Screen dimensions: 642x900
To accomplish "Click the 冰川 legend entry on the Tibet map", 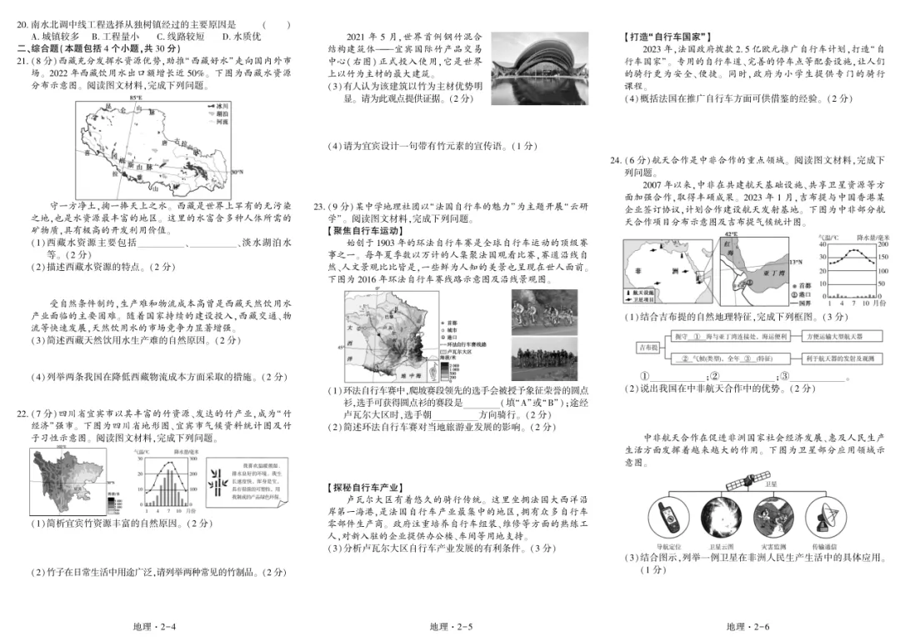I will point(218,106).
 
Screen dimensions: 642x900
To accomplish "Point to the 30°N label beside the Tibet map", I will point(238,173).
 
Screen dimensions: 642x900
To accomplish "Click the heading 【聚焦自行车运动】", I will point(364,230).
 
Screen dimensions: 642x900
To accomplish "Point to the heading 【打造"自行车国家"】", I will point(668,36).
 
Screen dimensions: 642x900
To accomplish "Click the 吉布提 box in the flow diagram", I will point(647,346).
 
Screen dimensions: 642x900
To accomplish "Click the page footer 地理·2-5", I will point(451,627).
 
